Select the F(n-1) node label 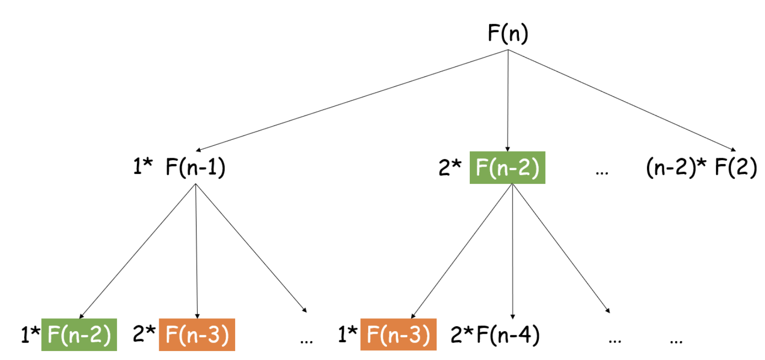[x=195, y=168]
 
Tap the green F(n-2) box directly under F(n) [x=507, y=168]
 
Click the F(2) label [x=735, y=168]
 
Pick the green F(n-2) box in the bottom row [x=79, y=335]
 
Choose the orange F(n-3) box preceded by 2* [x=196, y=335]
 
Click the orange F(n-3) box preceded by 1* [x=398, y=335]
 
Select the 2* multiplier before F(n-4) [x=462, y=335]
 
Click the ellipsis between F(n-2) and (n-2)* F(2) [x=602, y=171]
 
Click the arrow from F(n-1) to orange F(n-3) [x=197, y=250]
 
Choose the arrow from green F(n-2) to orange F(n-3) [x=461, y=250]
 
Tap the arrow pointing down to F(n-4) [x=512, y=250]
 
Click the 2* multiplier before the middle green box [x=450, y=168]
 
